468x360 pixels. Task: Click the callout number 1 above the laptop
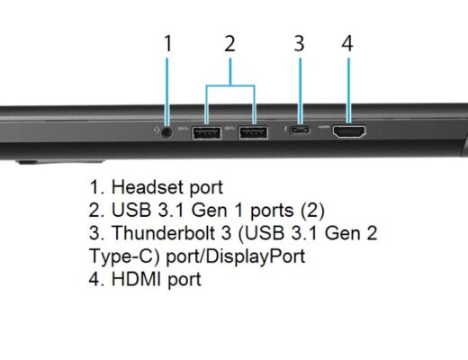pos(168,43)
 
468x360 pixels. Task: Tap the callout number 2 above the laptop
pos(229,43)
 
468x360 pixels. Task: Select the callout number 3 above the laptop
pos(299,43)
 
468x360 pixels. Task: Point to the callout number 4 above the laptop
pos(347,43)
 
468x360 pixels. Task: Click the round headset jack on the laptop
pos(166,132)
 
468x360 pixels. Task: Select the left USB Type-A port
pos(206,133)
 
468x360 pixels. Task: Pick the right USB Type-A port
pos(253,132)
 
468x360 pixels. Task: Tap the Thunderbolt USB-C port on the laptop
pos(300,130)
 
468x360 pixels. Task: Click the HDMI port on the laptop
pos(348,131)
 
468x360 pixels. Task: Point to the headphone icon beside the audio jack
pos(156,130)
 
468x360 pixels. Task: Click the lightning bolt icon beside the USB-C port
pos(284,130)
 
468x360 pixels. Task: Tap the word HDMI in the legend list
pos(136,279)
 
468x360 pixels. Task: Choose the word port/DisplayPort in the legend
pos(236,256)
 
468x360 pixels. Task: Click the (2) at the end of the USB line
pos(312,211)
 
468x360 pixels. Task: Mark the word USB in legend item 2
pos(131,210)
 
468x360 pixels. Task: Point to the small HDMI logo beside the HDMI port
pos(323,127)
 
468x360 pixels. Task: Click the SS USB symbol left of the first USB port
pos(184,129)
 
